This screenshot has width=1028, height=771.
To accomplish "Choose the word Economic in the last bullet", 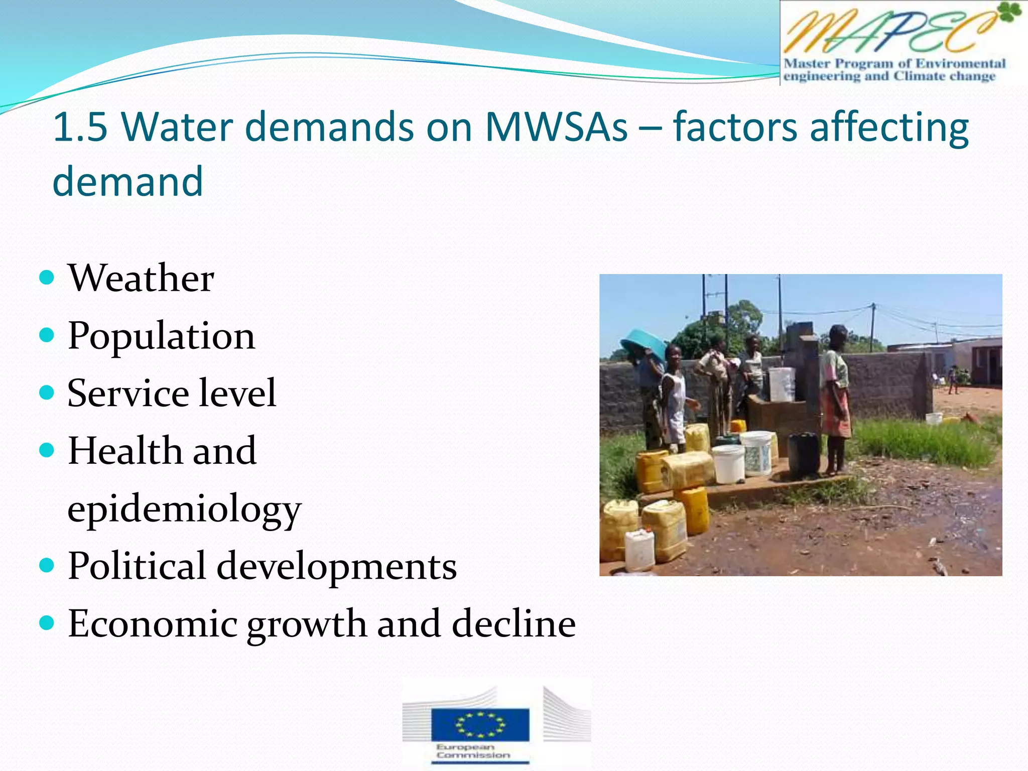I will tap(153, 624).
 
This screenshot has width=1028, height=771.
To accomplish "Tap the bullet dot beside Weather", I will tap(46, 277).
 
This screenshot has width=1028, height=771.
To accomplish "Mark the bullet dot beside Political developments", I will tap(46, 565).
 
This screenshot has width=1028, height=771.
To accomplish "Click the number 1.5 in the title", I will tap(80, 126).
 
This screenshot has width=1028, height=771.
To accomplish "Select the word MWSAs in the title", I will tap(556, 126).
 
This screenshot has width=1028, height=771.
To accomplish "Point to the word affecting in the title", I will tap(889, 127).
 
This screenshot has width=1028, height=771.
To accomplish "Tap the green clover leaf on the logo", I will tap(1009, 12).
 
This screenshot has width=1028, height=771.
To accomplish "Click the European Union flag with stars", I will tap(480, 724).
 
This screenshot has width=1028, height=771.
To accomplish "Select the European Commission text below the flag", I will tap(472, 751).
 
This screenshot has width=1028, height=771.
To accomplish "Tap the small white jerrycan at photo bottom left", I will tap(639, 550).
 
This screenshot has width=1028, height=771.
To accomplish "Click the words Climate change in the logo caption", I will tap(944, 76).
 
